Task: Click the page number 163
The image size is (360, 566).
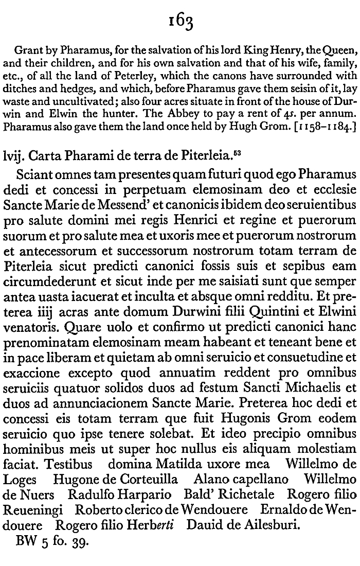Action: pos(179,22)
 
